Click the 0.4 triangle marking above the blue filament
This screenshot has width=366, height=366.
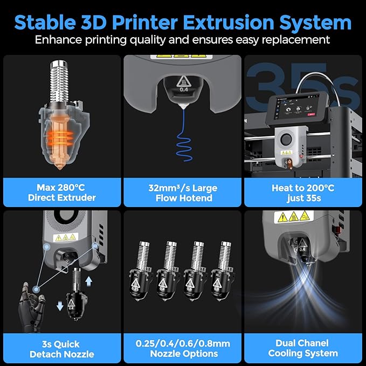pos(183,84)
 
